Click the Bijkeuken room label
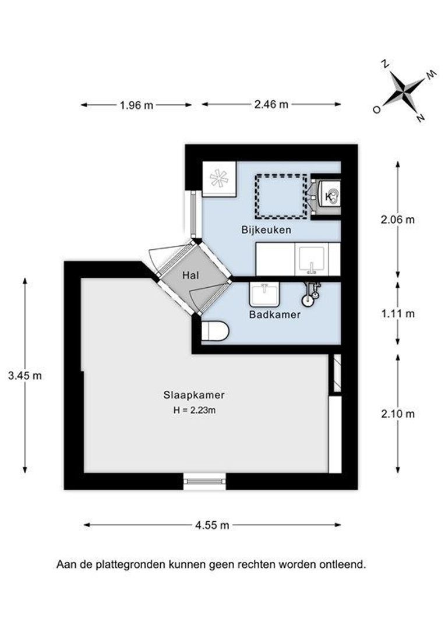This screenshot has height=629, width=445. pos(266,230)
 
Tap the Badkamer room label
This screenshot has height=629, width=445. pos(275,315)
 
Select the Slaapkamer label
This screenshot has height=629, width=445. pos(194,395)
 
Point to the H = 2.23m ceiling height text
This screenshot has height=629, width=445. pos(195,410)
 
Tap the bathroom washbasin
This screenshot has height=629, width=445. pos(266,295)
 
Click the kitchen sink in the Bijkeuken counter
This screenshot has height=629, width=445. pos(313,259)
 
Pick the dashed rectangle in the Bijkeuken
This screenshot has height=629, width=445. pos(280,196)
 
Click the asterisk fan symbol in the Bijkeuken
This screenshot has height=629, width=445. pos(219,178)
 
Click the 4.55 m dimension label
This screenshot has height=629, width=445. pos(212,525)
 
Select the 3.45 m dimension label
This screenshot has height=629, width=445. pos(25,376)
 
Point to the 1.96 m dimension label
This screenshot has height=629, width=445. pos(136,105)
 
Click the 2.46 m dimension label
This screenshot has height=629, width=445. pos(271,105)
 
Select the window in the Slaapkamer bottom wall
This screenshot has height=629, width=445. pos(204,480)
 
